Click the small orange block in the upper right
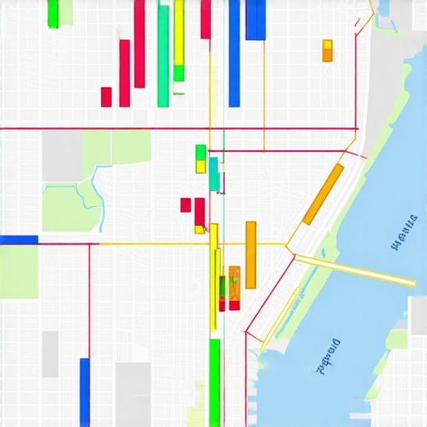tap(327, 50)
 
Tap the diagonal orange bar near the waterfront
tap(323, 194)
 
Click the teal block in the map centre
tap(214, 173)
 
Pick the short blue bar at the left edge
tap(18, 239)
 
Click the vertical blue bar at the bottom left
tap(84, 391)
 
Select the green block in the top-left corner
tap(53, 13)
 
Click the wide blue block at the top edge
tap(255, 19)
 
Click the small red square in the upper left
tap(106, 97)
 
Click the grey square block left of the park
tap(62, 155)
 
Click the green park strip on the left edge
tap(18, 272)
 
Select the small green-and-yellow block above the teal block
tap(200, 158)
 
